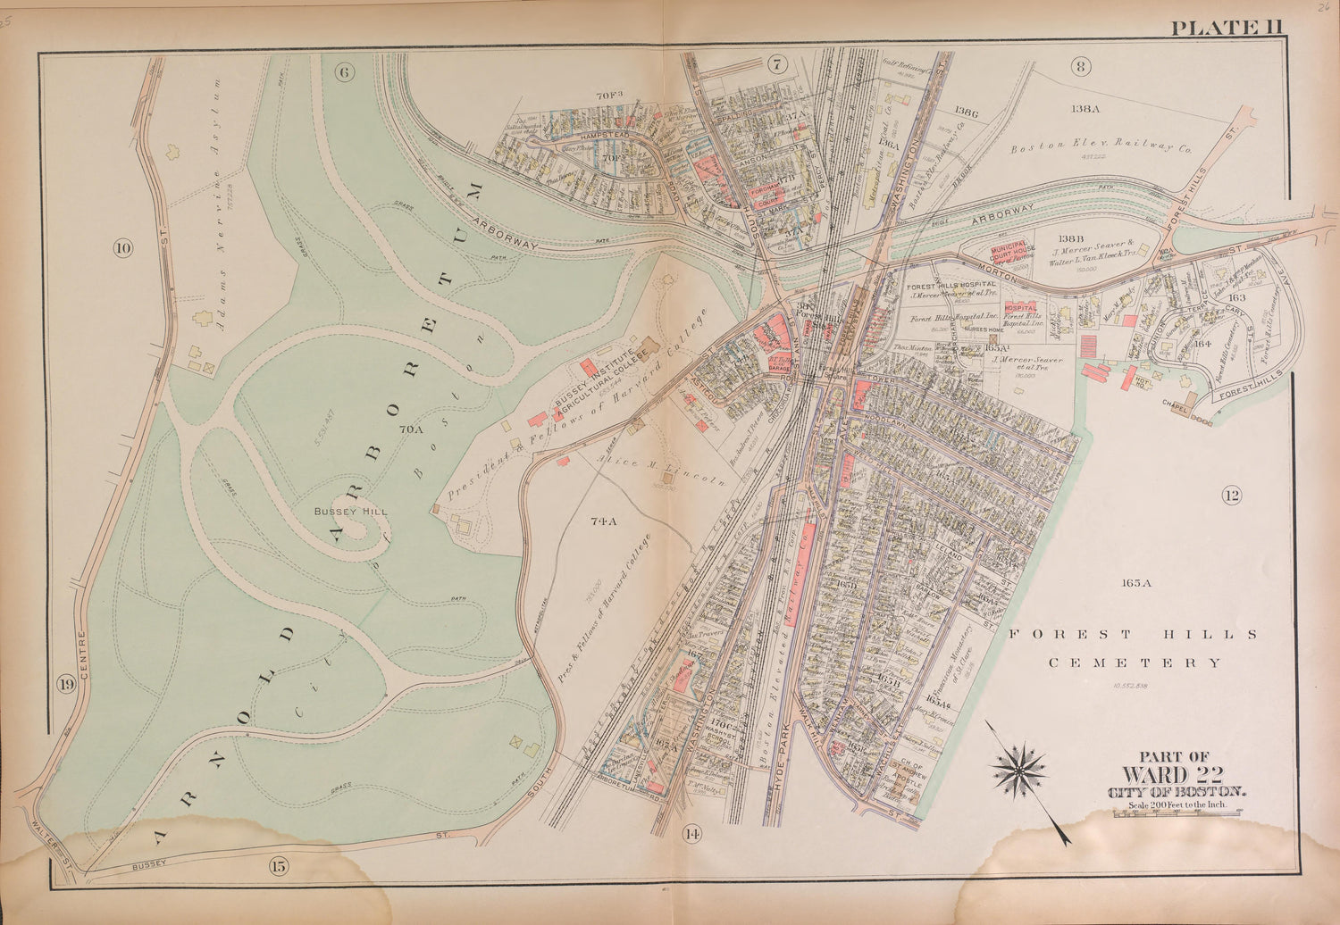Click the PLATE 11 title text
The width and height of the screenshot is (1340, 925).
coord(1227,27)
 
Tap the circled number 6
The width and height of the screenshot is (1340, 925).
coord(346,71)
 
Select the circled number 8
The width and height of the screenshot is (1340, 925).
coord(1082,65)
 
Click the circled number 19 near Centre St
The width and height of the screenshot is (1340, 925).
coord(65,685)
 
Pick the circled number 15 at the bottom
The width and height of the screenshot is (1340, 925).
coord(278,864)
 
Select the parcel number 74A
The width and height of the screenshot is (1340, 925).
coord(604,521)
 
